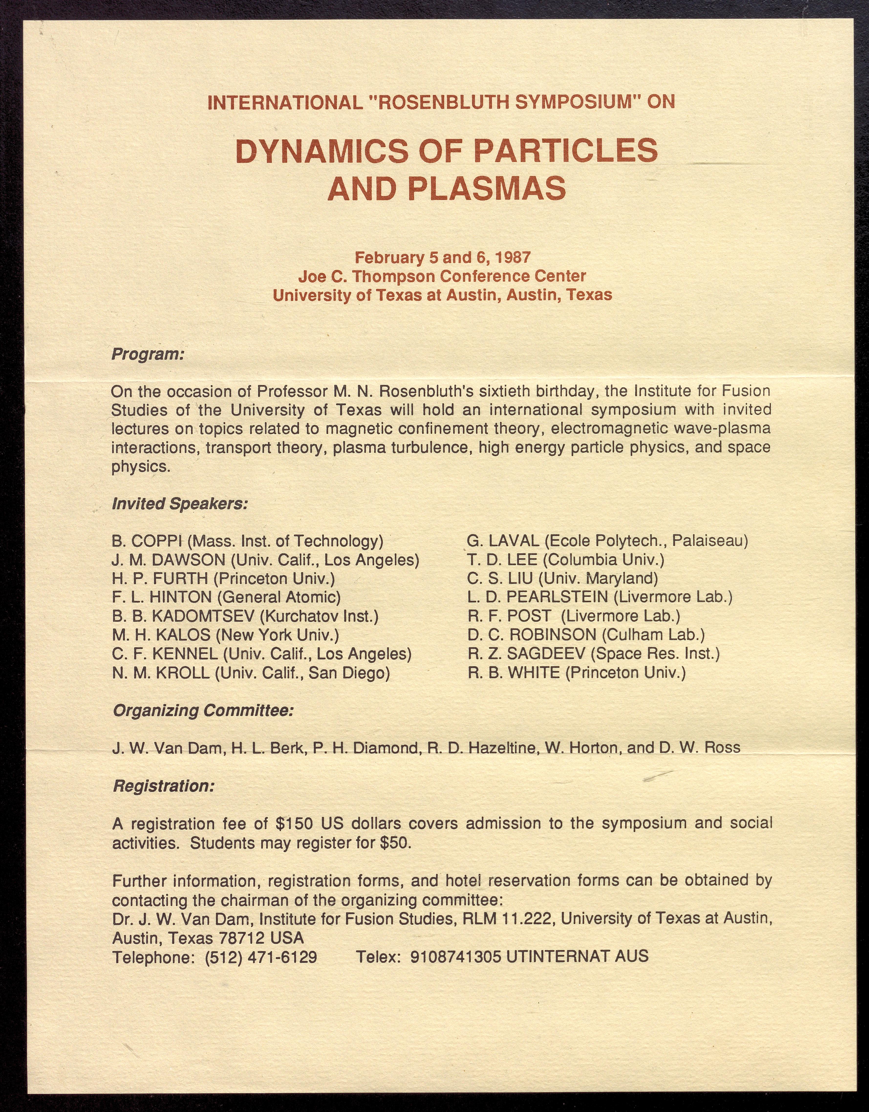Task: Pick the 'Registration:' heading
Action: [163, 786]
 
